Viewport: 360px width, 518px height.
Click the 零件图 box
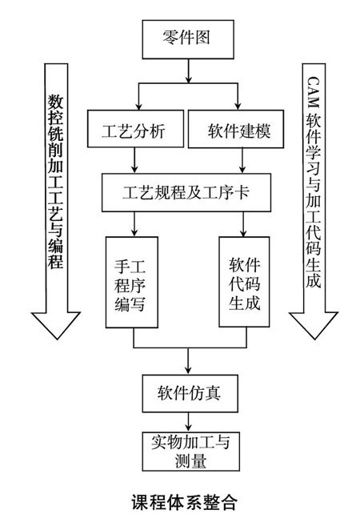pos(188,39)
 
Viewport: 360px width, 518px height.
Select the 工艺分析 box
pos(135,129)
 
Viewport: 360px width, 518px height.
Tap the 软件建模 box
pos(236,129)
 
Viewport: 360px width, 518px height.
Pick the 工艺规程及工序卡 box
pos(186,193)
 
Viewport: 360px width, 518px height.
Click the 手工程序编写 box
pos(132,282)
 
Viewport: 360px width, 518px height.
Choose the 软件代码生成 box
pos(244,282)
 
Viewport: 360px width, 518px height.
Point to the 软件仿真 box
pos(190,393)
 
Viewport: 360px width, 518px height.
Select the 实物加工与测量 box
pos(190,452)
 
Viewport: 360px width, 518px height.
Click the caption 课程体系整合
pos(185,503)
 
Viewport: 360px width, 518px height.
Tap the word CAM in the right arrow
pos(313,92)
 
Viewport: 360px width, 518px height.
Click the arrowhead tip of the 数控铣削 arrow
pos(57,339)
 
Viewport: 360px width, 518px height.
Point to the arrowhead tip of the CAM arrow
pos(314,339)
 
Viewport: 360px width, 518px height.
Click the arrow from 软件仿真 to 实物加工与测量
pos(188,422)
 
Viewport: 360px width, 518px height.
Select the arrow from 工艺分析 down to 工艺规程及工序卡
pos(134,160)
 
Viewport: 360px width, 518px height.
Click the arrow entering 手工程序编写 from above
pos(134,224)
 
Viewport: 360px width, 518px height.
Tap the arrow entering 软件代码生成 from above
pos(243,224)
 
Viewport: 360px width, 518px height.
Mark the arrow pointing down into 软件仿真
pos(188,361)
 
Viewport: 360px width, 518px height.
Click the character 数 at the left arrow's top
pos(55,102)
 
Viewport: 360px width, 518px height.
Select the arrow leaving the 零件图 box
pos(188,71)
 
